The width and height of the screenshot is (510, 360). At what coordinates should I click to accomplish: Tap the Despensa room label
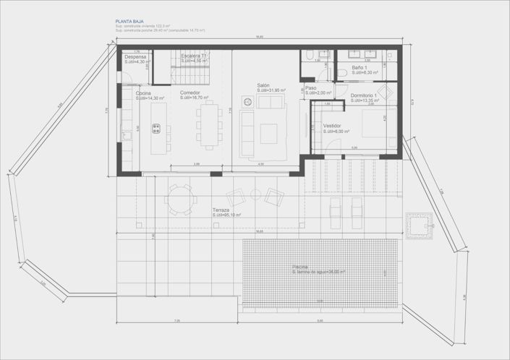point(135,56)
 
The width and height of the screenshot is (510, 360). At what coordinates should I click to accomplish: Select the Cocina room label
point(143,93)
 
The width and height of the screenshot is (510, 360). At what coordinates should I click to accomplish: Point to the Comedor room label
point(190,93)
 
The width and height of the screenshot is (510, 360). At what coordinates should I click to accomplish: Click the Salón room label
point(263,85)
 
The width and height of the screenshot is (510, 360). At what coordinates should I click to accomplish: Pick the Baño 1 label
point(360,67)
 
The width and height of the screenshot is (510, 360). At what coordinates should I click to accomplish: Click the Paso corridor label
point(310,88)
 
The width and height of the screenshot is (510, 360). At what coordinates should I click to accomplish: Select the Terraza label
point(221,210)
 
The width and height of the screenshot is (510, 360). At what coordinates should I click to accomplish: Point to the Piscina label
point(300,267)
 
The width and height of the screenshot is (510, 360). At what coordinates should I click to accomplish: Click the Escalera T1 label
point(194,56)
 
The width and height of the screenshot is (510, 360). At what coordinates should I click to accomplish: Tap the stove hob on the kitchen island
point(156,129)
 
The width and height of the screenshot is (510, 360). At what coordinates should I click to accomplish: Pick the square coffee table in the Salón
point(268,132)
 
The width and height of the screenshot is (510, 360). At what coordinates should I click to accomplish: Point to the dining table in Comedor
point(210,123)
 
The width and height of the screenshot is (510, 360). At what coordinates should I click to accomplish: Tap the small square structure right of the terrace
point(419,225)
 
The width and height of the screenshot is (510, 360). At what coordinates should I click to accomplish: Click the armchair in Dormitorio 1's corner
point(384,91)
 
